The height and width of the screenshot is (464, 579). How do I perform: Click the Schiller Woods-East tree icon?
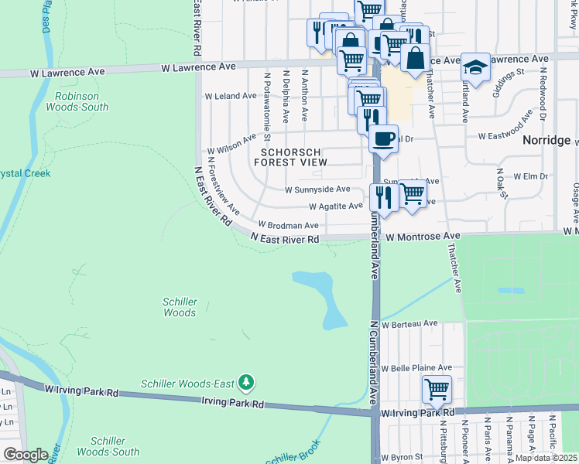[246, 383]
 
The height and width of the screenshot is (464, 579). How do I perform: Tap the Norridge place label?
[546, 140]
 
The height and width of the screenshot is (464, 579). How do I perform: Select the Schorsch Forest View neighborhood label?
[289, 157]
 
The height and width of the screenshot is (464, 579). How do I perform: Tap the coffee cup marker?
[382, 140]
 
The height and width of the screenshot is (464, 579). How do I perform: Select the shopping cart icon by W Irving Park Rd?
[437, 389]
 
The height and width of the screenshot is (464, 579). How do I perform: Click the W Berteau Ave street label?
[409, 323]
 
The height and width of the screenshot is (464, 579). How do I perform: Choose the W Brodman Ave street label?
[288, 225]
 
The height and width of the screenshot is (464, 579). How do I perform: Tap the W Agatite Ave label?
[335, 206]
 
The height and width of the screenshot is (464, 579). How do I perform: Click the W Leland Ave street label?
[230, 96]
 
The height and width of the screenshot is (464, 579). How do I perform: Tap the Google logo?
[26, 454]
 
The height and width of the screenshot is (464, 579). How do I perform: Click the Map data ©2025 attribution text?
[546, 458]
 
